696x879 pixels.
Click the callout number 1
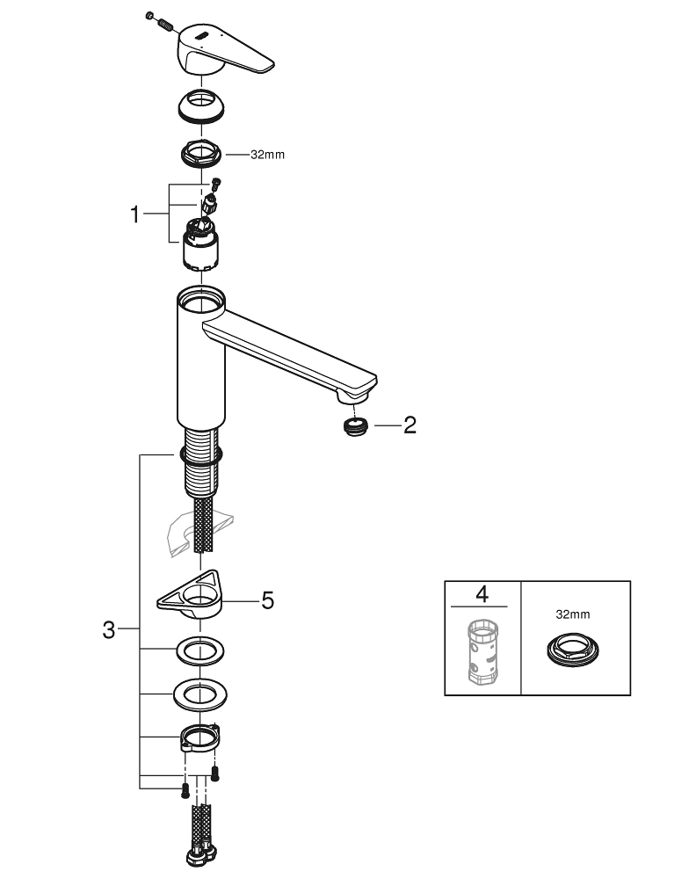134,214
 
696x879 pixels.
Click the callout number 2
410,425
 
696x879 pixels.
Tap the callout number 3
109,630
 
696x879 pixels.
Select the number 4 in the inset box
482,593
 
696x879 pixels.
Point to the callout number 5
268,600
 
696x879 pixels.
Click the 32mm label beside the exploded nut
267,155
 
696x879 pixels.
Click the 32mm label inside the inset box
573,614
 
